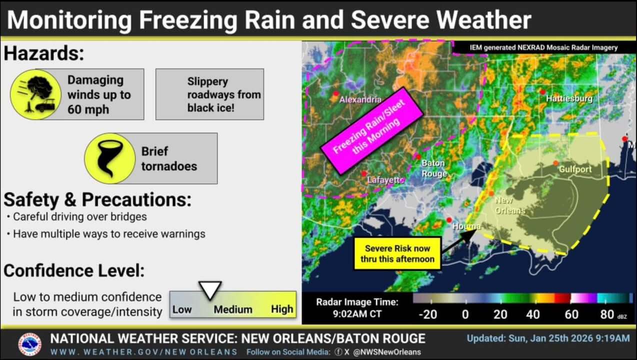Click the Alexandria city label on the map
360,100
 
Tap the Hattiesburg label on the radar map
569,98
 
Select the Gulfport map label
575,169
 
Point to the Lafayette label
385,180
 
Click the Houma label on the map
466,226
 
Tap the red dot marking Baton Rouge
417,156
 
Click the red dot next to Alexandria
336,93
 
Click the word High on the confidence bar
282,309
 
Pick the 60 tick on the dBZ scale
571,314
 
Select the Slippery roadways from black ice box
209,94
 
